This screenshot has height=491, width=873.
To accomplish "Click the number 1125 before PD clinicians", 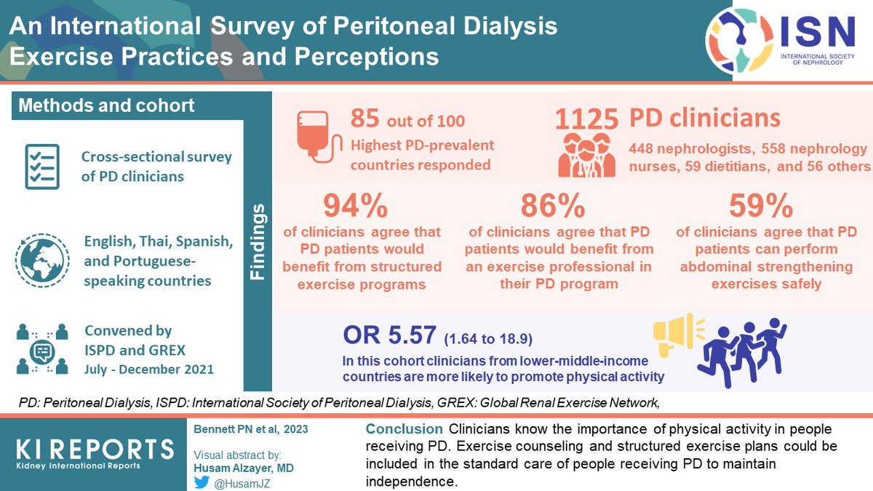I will (x=586, y=120).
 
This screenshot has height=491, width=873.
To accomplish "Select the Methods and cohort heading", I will (x=106, y=105).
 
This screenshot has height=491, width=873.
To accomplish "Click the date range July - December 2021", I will (x=148, y=370).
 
